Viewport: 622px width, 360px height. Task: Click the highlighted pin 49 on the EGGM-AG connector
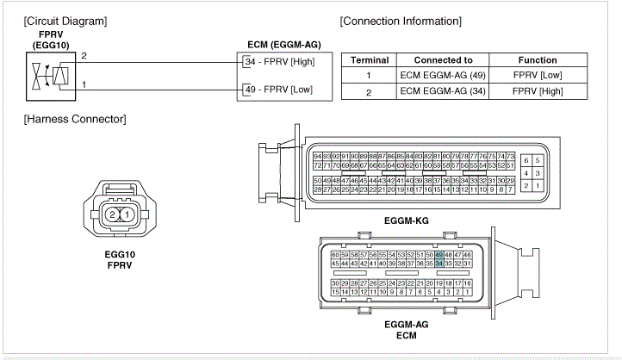pyautogui.click(x=440, y=255)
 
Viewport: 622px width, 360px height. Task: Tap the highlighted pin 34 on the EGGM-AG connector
pyautogui.click(x=440, y=264)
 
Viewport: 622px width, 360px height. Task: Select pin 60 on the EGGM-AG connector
pyautogui.click(x=335, y=255)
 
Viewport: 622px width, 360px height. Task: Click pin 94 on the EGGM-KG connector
pyautogui.click(x=318, y=156)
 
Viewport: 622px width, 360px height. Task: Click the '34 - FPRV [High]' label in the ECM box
pyautogui.click(x=278, y=62)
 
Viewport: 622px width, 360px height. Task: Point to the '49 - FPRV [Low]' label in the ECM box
pyautogui.click(x=277, y=88)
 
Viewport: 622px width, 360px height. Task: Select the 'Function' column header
pyautogui.click(x=537, y=60)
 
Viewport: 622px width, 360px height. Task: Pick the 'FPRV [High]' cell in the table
pyautogui.click(x=537, y=92)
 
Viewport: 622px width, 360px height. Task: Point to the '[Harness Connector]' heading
pyautogui.click(x=75, y=118)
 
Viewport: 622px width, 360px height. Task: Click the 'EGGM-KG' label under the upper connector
pyautogui.click(x=406, y=220)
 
